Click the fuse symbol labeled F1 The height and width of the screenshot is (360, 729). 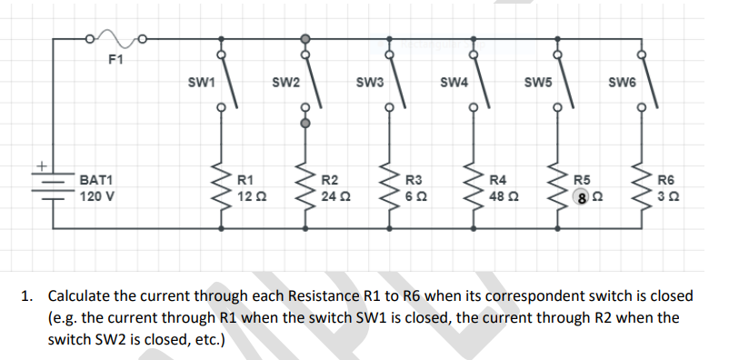[115, 39]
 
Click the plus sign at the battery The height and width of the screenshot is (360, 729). [41, 166]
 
